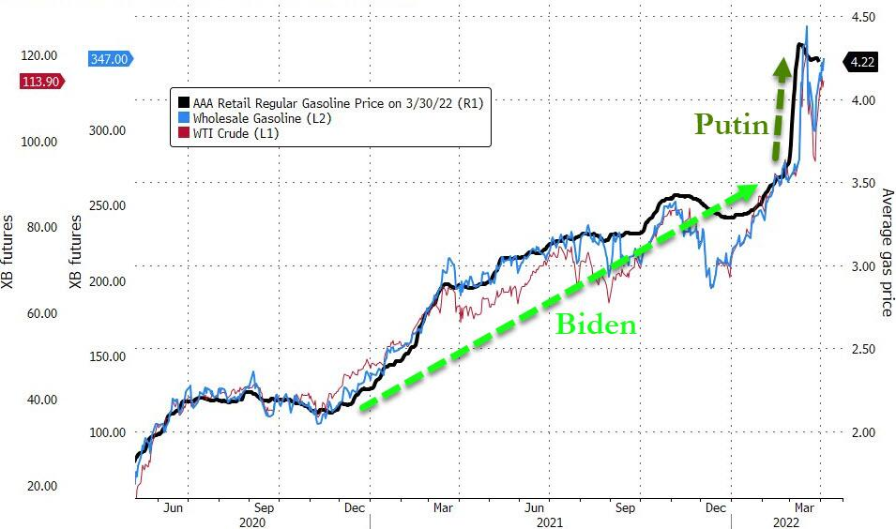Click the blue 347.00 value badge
109,59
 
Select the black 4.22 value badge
861,63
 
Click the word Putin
731,125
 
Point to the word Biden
596,325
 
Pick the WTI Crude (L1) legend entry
235,134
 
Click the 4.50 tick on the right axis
861,17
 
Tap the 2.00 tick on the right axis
861,432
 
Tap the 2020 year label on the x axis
252,521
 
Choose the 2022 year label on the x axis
786,521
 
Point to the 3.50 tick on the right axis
861,183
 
